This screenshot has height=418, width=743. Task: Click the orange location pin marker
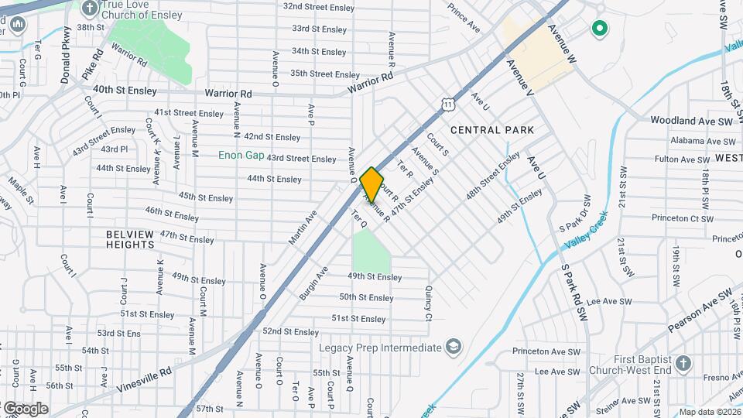click(x=371, y=184)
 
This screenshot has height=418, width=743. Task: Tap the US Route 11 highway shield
click(x=449, y=103)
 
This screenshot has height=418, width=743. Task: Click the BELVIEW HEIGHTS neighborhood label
click(x=131, y=238)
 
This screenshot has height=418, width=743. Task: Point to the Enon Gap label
click(x=241, y=155)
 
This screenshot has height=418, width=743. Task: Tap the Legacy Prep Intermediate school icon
click(x=453, y=346)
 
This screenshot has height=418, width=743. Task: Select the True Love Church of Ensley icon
click(x=91, y=9)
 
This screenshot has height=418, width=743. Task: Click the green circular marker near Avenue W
click(x=598, y=29)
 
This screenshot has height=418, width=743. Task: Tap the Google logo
click(x=25, y=408)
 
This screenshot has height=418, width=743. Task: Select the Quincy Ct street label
click(x=428, y=303)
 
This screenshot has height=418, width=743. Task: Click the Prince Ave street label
click(x=464, y=20)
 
